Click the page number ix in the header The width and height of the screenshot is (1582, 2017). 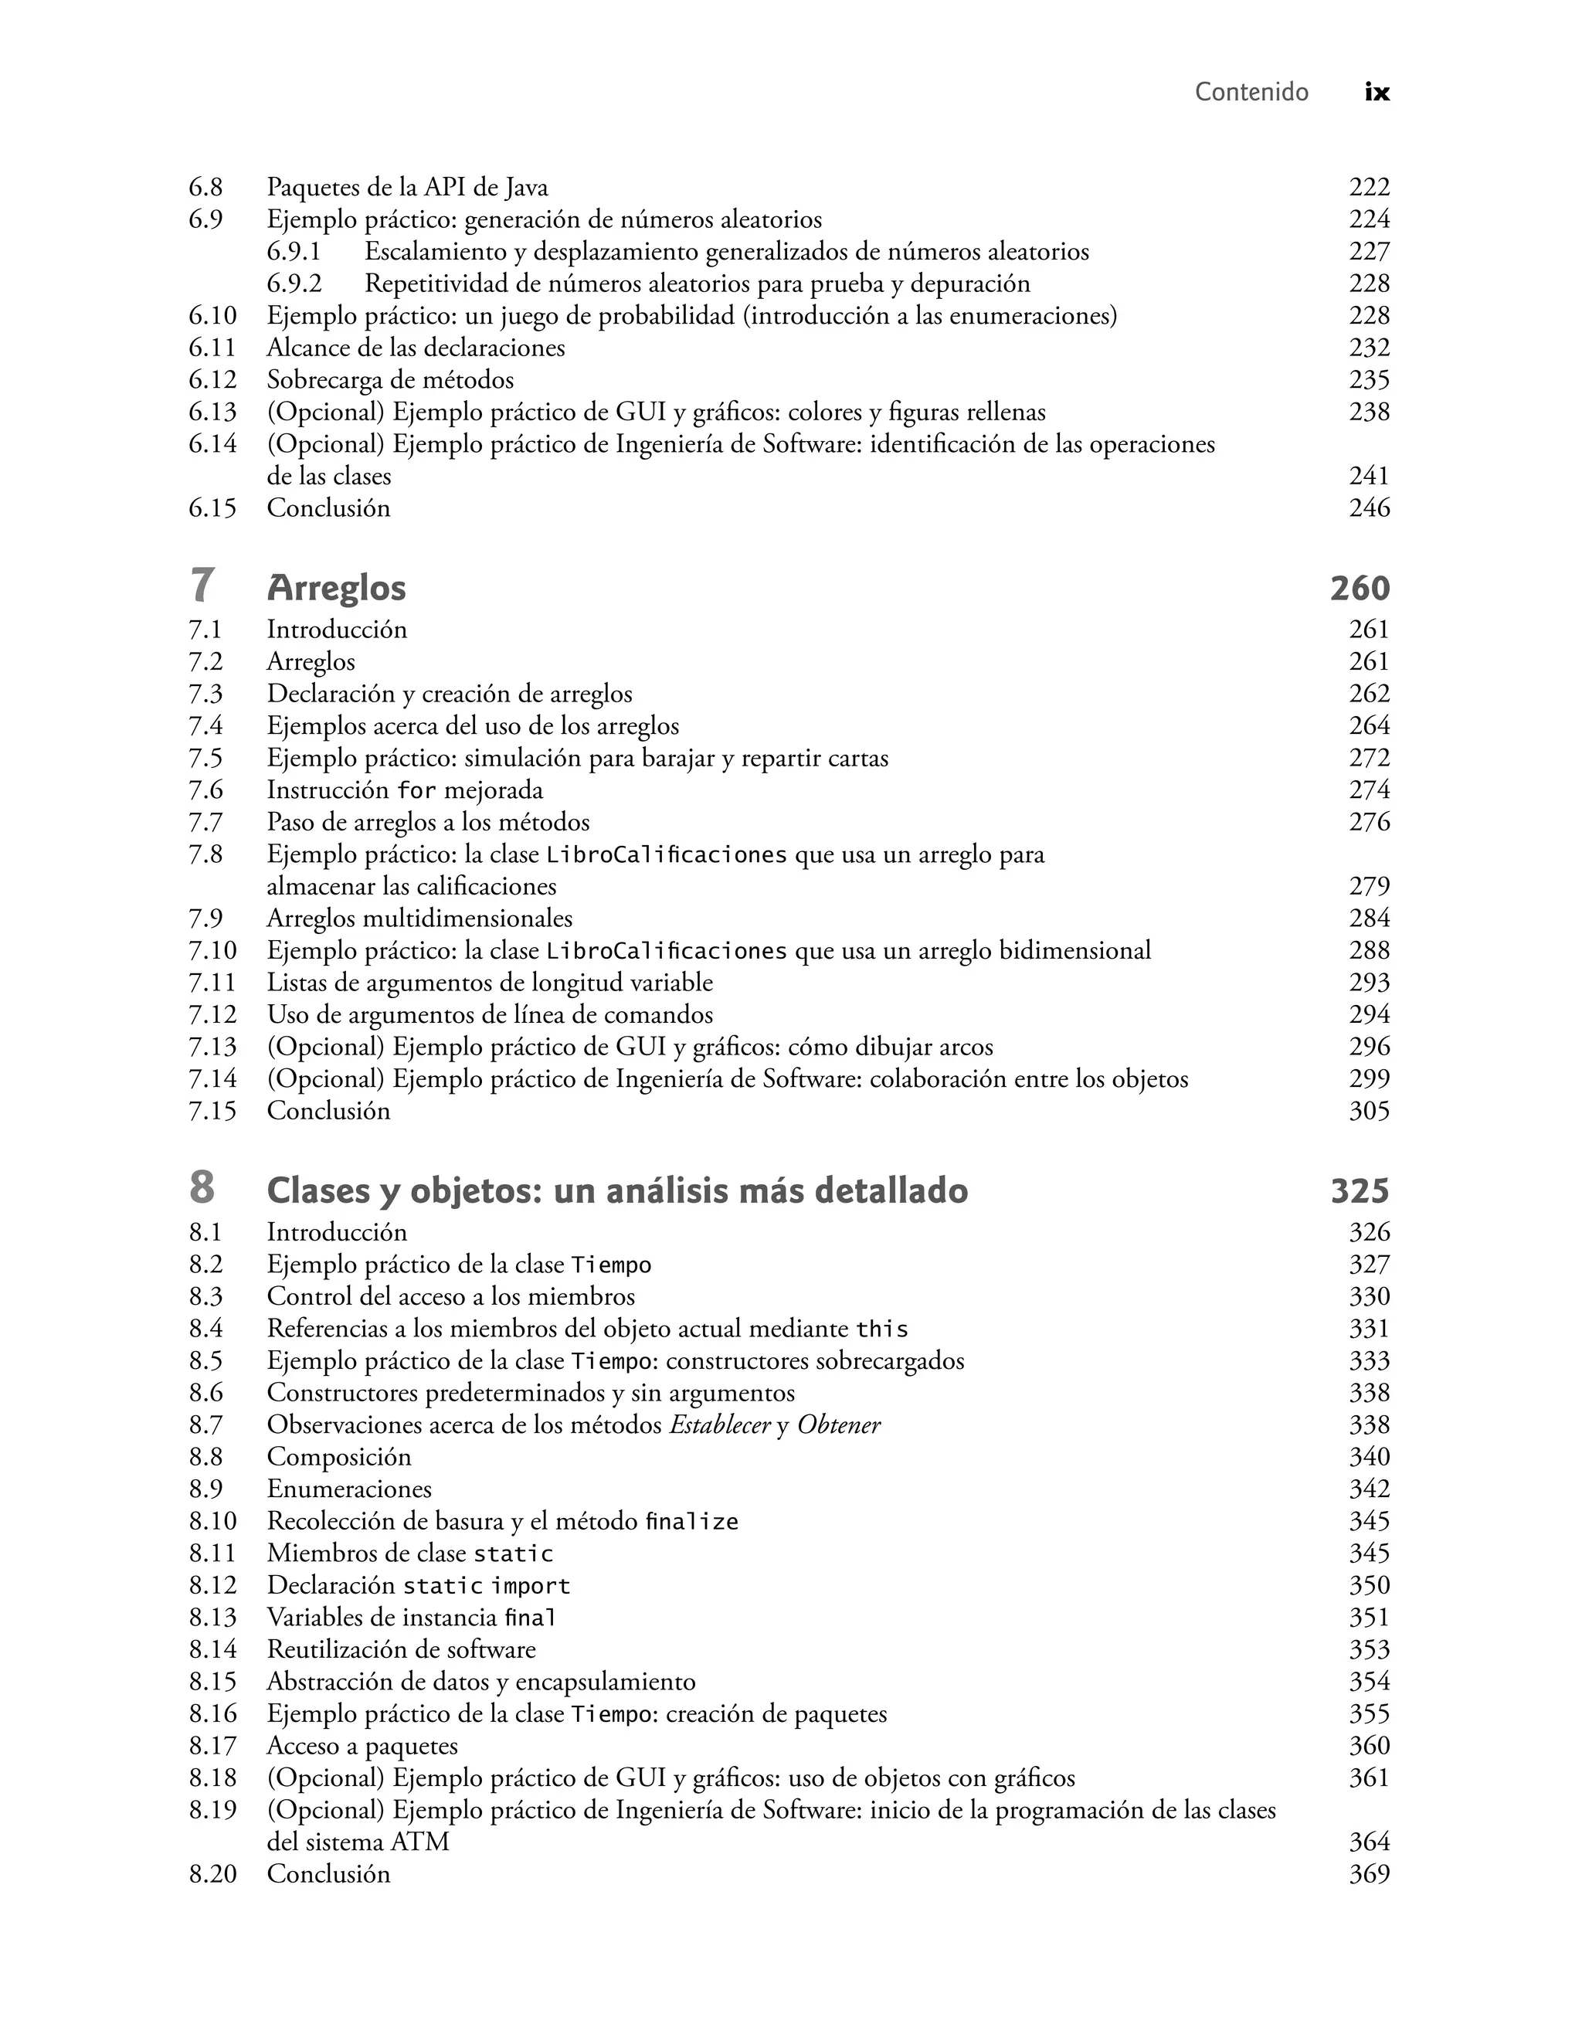(1377, 93)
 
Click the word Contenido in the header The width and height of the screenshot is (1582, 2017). (1251, 92)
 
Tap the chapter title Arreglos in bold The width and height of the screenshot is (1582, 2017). (336, 588)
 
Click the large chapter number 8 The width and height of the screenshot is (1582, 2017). (202, 1189)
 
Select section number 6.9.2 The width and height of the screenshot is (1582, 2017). (294, 284)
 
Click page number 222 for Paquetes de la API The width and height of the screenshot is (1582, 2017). (1369, 187)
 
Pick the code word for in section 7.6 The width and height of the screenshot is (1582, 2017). (416, 791)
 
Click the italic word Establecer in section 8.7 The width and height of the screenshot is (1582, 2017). (720, 1425)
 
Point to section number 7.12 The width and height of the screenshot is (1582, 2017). (212, 1015)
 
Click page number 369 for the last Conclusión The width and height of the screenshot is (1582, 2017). (1369, 1874)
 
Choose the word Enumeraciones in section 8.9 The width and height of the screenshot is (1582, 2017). (349, 1489)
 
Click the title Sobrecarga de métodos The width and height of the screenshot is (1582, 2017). (390, 380)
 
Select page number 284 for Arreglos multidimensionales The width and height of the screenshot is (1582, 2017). (1369, 919)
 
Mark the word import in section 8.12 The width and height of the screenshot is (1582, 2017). (530, 1587)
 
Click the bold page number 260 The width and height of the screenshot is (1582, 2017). (1360, 588)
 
